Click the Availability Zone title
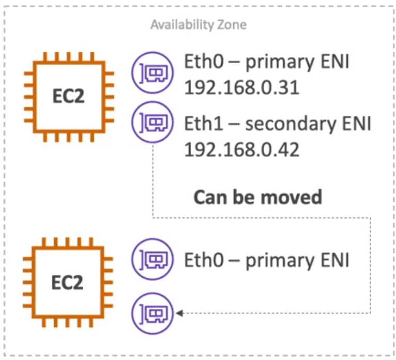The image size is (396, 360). pyautogui.click(x=199, y=25)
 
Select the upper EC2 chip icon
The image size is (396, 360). pyautogui.click(x=69, y=97)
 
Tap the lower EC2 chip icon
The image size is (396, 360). pyautogui.click(x=68, y=282)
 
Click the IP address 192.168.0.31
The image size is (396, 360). pyautogui.click(x=242, y=87)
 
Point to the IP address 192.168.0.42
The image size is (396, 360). pyautogui.click(x=242, y=149)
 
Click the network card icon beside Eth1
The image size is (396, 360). pyautogui.click(x=153, y=122)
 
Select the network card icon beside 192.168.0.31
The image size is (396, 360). pyautogui.click(x=153, y=73)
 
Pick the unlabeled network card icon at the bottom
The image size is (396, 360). pyautogui.click(x=153, y=313)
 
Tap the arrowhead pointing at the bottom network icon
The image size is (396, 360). pyautogui.click(x=179, y=313)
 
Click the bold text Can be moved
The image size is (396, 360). pyautogui.click(x=258, y=197)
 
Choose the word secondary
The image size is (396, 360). pyautogui.click(x=291, y=124)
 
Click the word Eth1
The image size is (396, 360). pyautogui.click(x=204, y=123)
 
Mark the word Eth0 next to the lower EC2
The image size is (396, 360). pyautogui.click(x=204, y=260)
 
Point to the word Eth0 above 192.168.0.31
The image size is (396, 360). pyautogui.click(x=204, y=62)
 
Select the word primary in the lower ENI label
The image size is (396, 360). pyautogui.click(x=280, y=262)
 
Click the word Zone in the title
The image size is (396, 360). pyautogui.click(x=232, y=25)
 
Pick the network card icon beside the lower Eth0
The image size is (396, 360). pyautogui.click(x=153, y=259)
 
